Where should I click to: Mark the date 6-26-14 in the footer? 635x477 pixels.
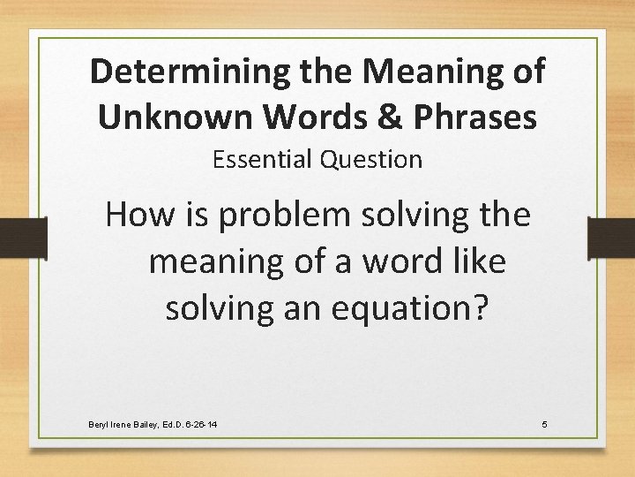coord(199,426)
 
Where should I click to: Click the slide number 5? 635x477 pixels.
coord(544,426)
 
